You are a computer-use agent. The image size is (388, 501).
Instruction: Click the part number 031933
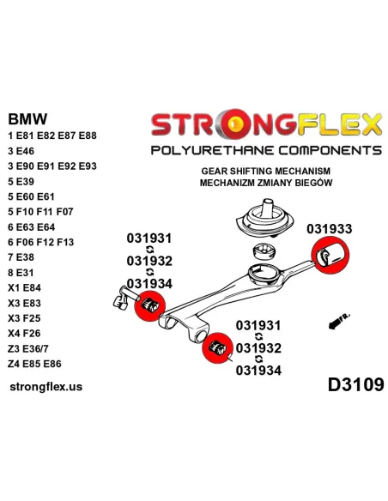pyautogui.click(x=329, y=229)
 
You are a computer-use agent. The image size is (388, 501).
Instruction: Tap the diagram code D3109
pyautogui.click(x=355, y=384)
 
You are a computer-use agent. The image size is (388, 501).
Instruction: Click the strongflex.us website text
pyautogui.click(x=46, y=387)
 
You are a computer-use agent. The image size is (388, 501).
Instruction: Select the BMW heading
pyautogui.click(x=27, y=119)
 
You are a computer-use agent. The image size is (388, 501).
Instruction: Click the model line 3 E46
pyautogui.click(x=21, y=151)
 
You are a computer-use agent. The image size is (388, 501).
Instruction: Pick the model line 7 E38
pyautogui.click(x=21, y=257)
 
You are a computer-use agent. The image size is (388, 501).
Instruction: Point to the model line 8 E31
pyautogui.click(x=21, y=273)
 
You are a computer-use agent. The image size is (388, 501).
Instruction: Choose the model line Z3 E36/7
pyautogui.click(x=28, y=348)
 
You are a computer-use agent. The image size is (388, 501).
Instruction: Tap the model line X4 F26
pyautogui.click(x=24, y=333)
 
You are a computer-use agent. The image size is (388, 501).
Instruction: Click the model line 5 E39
pyautogui.click(x=21, y=182)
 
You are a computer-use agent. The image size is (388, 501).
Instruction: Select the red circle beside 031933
pyautogui.click(x=330, y=255)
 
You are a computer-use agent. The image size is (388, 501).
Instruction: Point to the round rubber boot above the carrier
pyautogui.click(x=265, y=219)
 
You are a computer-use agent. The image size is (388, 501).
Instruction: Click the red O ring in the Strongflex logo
pyautogui.click(x=235, y=124)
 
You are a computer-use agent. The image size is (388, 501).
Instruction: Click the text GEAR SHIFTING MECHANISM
pyautogui.click(x=265, y=171)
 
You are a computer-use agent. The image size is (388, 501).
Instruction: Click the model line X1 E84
pyautogui.click(x=25, y=287)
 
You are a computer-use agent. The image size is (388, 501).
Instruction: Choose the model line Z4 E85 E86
pyautogui.click(x=34, y=364)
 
